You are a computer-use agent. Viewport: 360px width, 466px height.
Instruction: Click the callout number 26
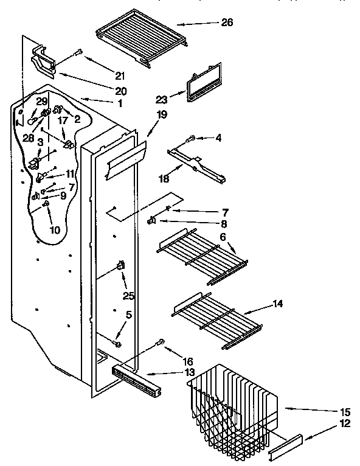click(227, 23)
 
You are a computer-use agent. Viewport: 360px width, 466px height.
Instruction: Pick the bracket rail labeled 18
click(198, 163)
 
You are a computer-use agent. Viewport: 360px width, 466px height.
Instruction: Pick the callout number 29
click(41, 100)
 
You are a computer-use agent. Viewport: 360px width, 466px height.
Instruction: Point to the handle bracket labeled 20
click(44, 63)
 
